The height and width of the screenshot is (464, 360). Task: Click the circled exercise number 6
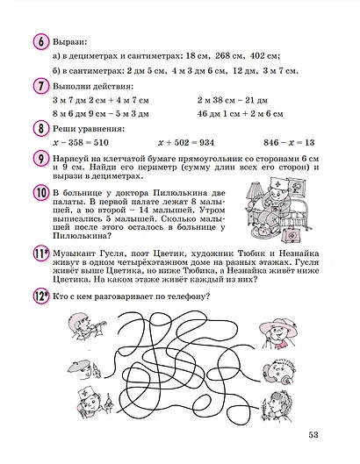[40, 42]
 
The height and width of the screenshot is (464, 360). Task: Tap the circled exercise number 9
[40, 160]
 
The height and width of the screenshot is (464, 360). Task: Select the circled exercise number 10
[40, 193]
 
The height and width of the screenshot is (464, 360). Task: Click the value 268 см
[230, 56]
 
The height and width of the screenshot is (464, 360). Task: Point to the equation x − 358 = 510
[81, 143]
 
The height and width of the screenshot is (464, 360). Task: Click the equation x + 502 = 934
[186, 143]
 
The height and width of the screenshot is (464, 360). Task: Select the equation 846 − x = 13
[289, 143]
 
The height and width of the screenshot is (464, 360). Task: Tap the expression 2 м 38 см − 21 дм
[233, 100]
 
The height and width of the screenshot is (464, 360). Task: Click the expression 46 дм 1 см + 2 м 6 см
[241, 114]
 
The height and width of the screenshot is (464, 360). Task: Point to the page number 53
[313, 435]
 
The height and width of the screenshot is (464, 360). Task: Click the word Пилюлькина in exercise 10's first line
[180, 193]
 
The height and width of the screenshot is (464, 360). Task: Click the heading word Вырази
[70, 42]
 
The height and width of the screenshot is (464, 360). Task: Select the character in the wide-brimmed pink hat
[278, 333]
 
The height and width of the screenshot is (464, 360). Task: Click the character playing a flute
[86, 326]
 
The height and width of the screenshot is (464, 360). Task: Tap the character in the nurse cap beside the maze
[93, 402]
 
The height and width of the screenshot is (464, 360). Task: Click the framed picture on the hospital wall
[296, 187]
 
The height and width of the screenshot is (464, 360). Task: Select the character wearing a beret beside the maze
[83, 369]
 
